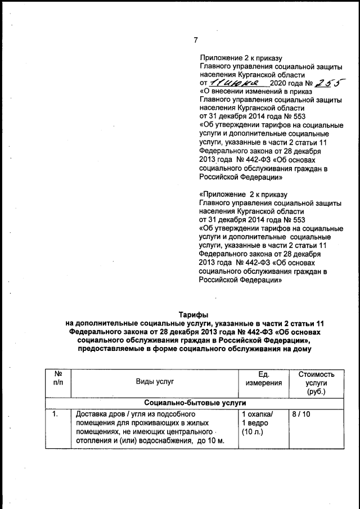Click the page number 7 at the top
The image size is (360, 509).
pos(195,40)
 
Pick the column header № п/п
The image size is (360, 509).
pos(57,378)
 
